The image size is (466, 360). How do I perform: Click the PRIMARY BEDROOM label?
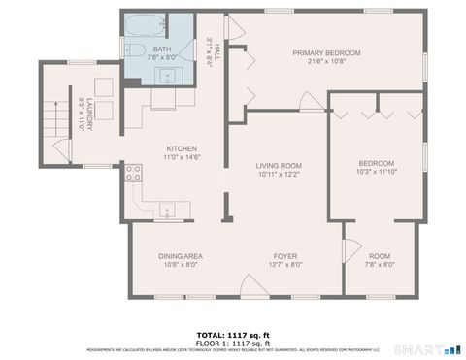(327, 53)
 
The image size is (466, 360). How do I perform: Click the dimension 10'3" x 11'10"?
(376, 172)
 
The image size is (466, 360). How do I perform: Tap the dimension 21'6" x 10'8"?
(327, 62)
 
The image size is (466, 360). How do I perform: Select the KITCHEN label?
(179, 147)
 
